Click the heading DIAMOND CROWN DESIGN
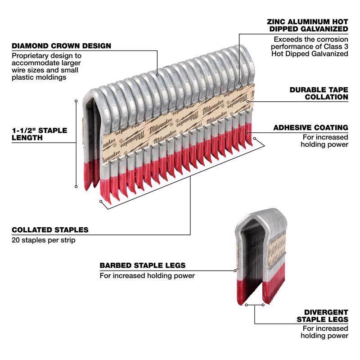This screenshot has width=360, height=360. click(x=61, y=46)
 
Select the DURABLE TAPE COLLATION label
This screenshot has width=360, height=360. click(x=319, y=93)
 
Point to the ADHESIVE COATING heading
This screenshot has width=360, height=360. click(x=310, y=128)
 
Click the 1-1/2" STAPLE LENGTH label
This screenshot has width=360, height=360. click(x=39, y=134)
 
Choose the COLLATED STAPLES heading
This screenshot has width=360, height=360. click(x=50, y=230)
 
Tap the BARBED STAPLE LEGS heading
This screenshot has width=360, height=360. click(x=142, y=265)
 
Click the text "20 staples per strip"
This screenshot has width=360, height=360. click(x=43, y=240)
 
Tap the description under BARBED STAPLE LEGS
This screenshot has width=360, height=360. click(x=147, y=276)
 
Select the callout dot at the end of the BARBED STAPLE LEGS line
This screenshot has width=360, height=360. click(x=235, y=270)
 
